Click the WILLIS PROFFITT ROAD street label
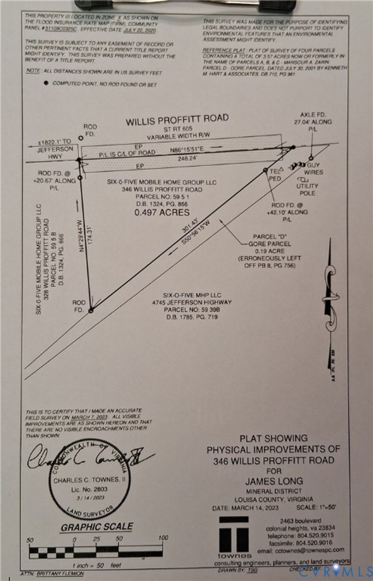tap(177, 120)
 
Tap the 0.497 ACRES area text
tap(162, 213)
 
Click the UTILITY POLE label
tap(307, 189)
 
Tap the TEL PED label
tap(275, 174)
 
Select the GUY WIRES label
tap(313, 169)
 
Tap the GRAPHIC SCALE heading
tap(97, 527)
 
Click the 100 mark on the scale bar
tap(163, 538)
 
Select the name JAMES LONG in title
tap(274, 481)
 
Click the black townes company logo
tap(234, 535)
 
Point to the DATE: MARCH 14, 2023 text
tap(246, 508)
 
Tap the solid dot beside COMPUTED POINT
tap(46, 83)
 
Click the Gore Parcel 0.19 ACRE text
tap(270, 251)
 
